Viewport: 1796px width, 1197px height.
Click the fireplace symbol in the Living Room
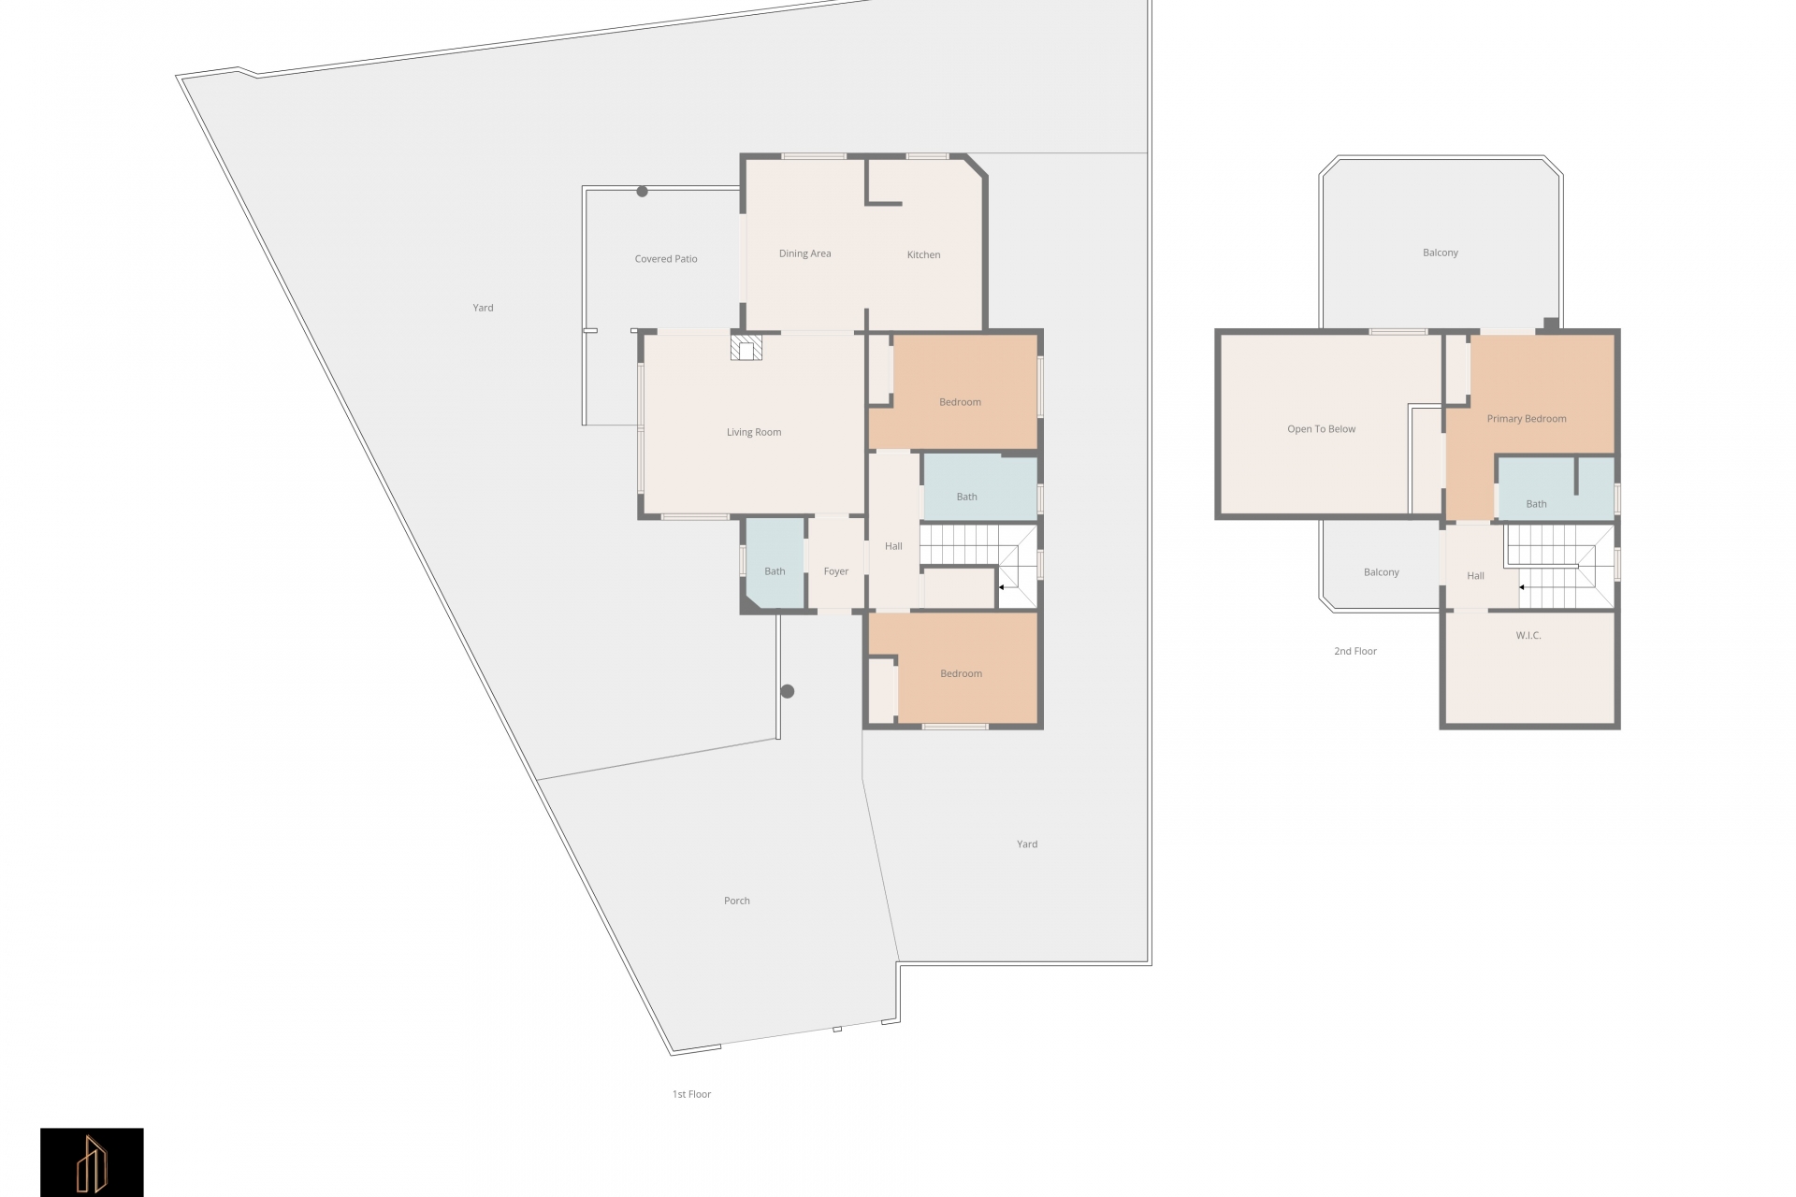[x=746, y=348]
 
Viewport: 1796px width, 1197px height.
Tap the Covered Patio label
[x=666, y=259]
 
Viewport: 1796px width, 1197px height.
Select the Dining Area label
[x=804, y=253]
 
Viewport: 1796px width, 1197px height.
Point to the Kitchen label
[x=923, y=254]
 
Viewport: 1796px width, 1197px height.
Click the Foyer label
[x=836, y=571]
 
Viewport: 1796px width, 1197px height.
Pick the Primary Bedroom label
[x=1527, y=419]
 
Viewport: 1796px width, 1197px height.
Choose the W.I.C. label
[x=1528, y=635]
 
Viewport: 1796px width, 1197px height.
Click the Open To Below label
[x=1321, y=429]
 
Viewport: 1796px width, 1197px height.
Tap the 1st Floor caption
[x=691, y=1094]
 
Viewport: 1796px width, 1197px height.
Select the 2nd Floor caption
[x=1355, y=651]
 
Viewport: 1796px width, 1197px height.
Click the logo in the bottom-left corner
[x=92, y=1162]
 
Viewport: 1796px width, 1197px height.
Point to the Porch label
[x=737, y=901]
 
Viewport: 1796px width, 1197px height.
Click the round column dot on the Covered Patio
[x=643, y=192]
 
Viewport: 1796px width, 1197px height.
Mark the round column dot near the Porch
[x=788, y=692]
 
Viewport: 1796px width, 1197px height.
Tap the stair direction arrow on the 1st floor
[x=1002, y=587]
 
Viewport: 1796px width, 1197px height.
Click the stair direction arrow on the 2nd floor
[x=1522, y=587]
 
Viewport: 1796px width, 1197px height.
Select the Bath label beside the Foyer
[x=775, y=571]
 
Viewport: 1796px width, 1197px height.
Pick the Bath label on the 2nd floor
[x=1536, y=504]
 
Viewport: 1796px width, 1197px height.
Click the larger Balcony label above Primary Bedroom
[x=1441, y=252]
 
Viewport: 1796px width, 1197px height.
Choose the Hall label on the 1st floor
[x=893, y=546]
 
